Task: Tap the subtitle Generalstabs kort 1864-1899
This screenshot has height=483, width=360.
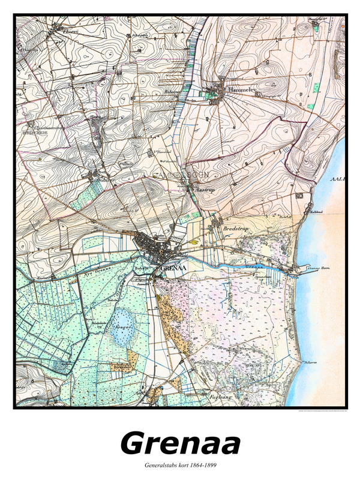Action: [x=180, y=466]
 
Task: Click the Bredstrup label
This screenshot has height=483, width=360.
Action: [x=235, y=229]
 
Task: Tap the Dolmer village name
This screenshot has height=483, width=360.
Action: [x=107, y=178]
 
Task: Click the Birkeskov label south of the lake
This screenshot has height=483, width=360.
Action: [x=122, y=365]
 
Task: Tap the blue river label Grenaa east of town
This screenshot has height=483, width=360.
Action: [x=253, y=265]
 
